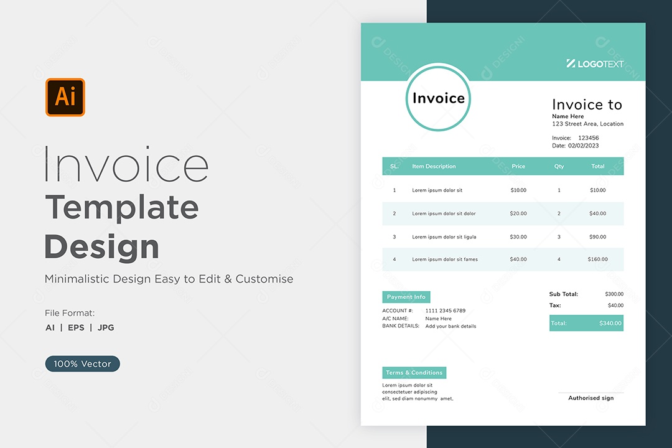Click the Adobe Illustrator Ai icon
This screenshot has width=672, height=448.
65,97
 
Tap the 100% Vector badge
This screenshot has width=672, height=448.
82,363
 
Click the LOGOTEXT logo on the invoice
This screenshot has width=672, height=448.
595,64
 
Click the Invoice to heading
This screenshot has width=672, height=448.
587,104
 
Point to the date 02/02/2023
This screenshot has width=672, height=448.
583,146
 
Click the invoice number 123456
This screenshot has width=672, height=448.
589,138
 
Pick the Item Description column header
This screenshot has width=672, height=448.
434,166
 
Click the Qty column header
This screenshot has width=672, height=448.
559,166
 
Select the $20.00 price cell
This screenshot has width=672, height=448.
518,213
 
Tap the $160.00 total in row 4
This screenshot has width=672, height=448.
597,259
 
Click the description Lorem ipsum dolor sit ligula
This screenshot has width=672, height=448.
444,236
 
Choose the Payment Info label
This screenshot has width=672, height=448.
406,297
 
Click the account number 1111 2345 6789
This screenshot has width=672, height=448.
446,311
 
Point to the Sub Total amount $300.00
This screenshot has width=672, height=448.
614,294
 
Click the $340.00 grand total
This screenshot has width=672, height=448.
610,324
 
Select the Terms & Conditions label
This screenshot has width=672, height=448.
414,373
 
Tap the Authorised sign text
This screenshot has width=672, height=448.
591,398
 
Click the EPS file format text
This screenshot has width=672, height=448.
77,327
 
